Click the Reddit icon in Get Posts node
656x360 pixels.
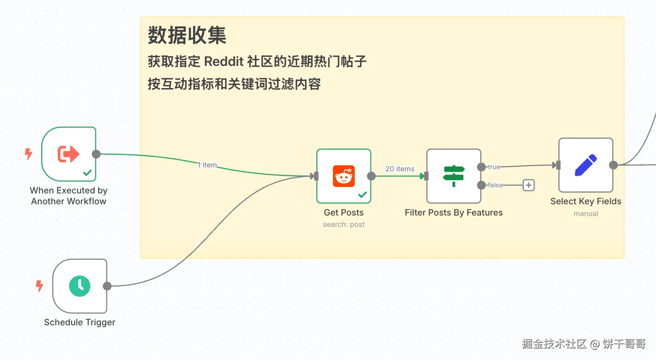(x=344, y=176)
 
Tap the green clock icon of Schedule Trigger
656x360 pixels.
(x=80, y=286)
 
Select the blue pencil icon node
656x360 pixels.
(x=586, y=165)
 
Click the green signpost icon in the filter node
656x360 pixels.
(x=454, y=176)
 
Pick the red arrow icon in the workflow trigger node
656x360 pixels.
(x=69, y=154)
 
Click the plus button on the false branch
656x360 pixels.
(x=528, y=185)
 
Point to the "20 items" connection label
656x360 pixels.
(x=400, y=169)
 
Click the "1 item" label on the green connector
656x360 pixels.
(x=207, y=165)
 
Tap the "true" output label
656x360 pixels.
(x=494, y=167)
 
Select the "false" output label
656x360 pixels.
(x=495, y=185)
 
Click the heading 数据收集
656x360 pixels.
(x=187, y=36)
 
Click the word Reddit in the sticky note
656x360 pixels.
(x=223, y=62)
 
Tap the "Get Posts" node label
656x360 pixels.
(x=344, y=213)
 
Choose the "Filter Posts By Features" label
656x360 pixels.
(x=453, y=213)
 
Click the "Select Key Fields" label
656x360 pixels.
(x=586, y=201)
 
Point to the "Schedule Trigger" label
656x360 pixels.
(x=80, y=322)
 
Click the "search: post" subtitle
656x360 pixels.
(x=344, y=224)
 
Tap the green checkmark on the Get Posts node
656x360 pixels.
(x=362, y=195)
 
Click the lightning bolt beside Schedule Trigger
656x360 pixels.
(x=39, y=286)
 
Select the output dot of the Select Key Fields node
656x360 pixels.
(x=613, y=165)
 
